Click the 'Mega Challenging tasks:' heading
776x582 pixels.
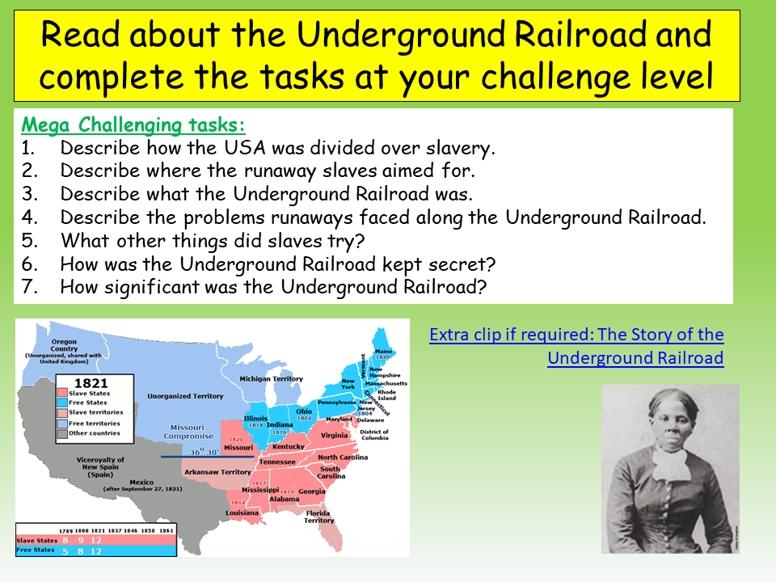[x=133, y=126]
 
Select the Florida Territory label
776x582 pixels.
[x=318, y=516]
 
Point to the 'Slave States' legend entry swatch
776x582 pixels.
[x=63, y=394]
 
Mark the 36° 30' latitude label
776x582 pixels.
[x=204, y=453]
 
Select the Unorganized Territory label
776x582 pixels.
[x=184, y=396]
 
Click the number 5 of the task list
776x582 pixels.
[x=28, y=241]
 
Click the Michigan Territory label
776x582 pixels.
[x=272, y=379]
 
